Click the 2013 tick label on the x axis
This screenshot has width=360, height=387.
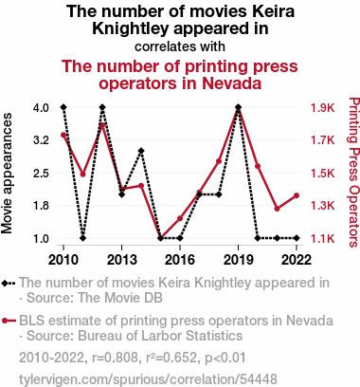click(x=122, y=260)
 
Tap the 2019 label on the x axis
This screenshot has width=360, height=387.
click(x=239, y=260)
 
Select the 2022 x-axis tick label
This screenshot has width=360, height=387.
click(x=297, y=260)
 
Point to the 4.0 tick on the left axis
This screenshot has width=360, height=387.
click(x=41, y=108)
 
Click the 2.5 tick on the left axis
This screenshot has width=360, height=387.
click(x=41, y=174)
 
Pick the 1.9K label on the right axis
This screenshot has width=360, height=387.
click(x=322, y=108)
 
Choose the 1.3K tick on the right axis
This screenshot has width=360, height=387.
click(x=322, y=206)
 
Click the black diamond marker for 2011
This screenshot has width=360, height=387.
click(x=83, y=238)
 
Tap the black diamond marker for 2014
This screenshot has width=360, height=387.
click(x=141, y=151)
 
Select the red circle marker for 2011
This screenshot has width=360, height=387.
click(x=83, y=175)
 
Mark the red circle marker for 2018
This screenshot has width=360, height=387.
click(x=219, y=161)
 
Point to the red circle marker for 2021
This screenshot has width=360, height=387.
click(x=277, y=209)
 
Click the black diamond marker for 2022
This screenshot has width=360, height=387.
click(x=297, y=238)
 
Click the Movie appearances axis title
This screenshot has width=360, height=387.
click(x=7, y=174)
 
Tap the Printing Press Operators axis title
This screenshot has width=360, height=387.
click(x=353, y=173)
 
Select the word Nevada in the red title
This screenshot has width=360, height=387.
click(x=231, y=83)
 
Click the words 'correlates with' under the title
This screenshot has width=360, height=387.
click(x=180, y=46)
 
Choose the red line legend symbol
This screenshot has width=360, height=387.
click(x=9, y=321)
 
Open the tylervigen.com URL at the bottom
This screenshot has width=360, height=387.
click(x=148, y=379)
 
